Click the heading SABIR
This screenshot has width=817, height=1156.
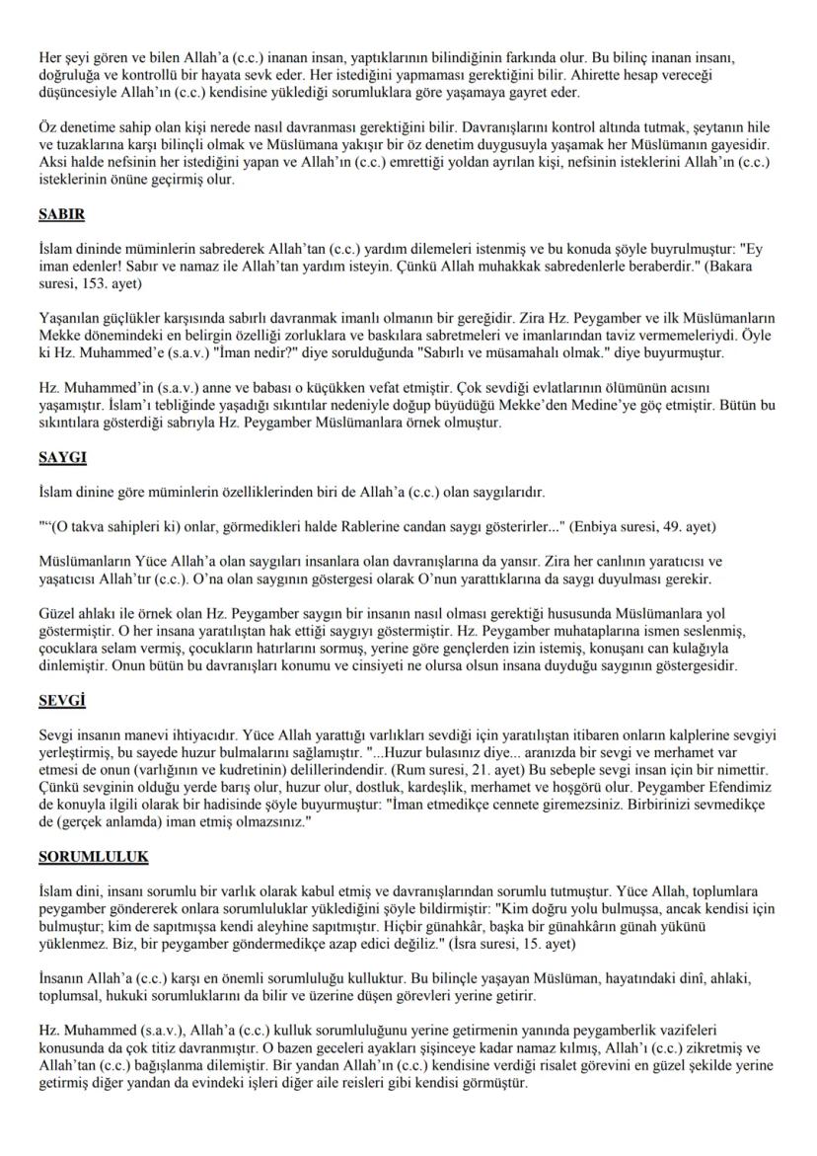pyautogui.click(x=60, y=216)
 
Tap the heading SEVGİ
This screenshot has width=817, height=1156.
pyautogui.click(x=59, y=701)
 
